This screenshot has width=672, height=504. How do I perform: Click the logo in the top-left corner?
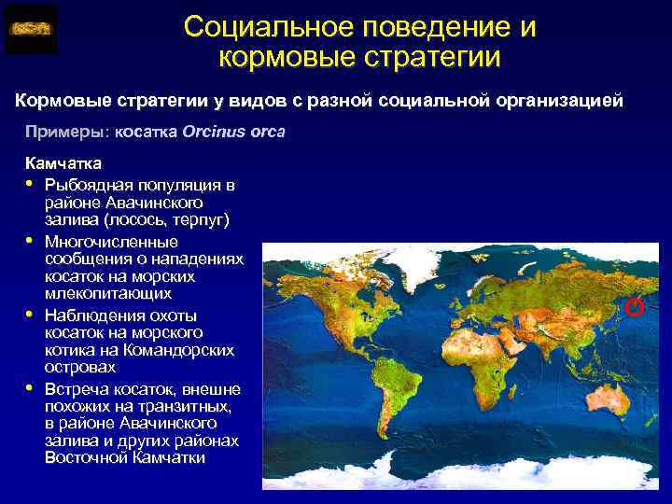(31, 29)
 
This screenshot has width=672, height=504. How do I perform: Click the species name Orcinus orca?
(234, 132)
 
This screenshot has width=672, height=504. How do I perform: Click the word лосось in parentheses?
(163, 219)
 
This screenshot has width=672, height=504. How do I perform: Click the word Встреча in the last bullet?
(78, 389)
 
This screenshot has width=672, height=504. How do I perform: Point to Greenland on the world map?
(397, 271)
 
